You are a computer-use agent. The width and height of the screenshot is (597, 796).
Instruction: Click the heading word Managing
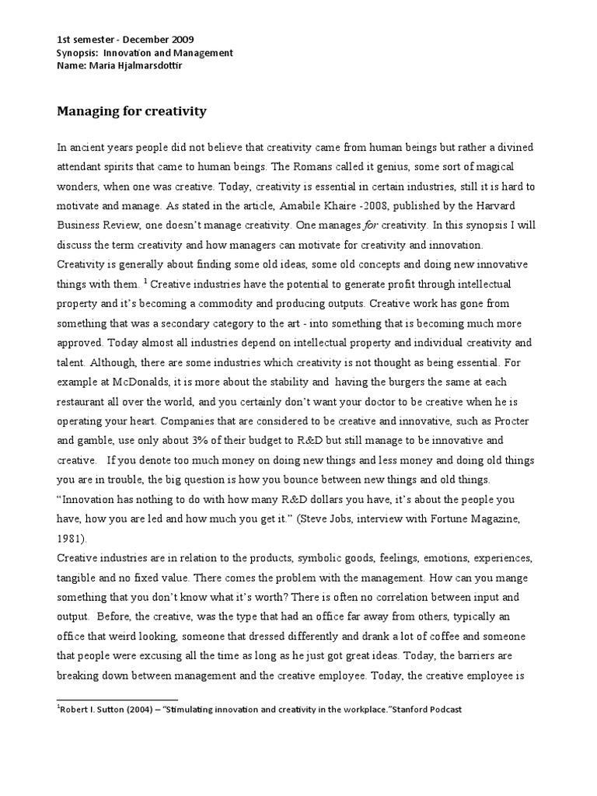pos(83,111)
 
